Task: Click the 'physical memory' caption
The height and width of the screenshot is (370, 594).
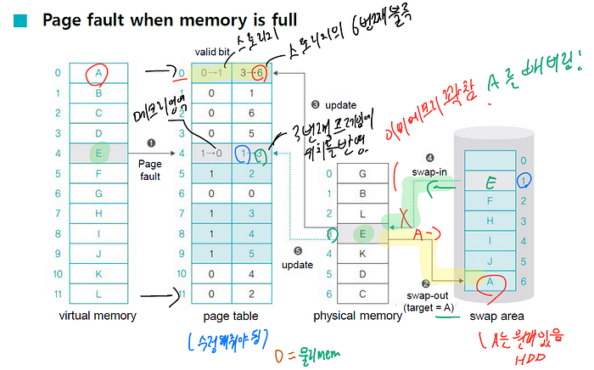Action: pos(357,316)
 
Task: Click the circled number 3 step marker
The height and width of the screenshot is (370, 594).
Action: pos(315,104)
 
